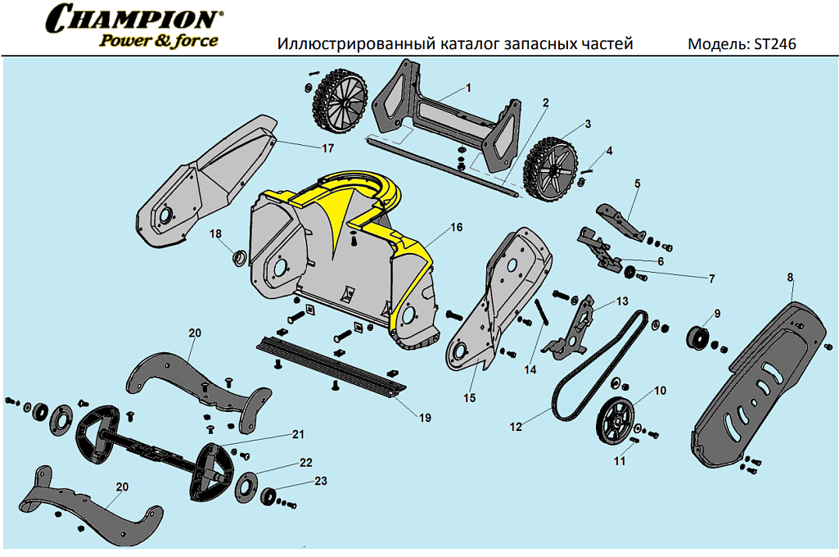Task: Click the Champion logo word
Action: [x=134, y=18]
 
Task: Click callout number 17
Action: [x=327, y=148]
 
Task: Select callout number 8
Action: [x=791, y=278]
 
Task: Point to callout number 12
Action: [x=516, y=426]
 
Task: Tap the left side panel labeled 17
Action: [x=209, y=184]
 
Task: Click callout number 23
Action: [x=319, y=481]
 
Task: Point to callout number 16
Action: [x=456, y=226]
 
